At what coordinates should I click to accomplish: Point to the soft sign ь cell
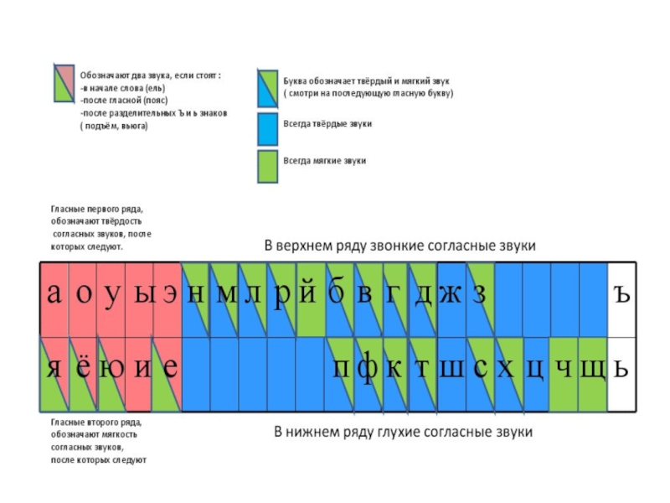[x=621, y=370]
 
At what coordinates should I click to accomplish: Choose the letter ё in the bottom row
[x=83, y=370]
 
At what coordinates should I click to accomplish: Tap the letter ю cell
[x=111, y=370]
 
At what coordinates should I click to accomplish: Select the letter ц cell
[x=536, y=370]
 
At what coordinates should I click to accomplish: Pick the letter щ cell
[x=592, y=370]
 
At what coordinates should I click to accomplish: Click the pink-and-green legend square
[x=65, y=83]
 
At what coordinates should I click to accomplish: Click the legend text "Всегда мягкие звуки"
[x=325, y=160]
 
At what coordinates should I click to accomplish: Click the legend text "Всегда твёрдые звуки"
[x=327, y=123]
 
